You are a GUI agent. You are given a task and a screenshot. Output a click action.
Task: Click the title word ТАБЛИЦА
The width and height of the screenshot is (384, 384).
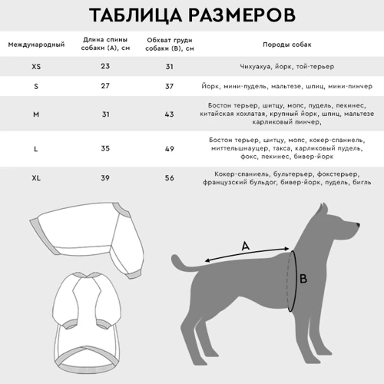[137, 16]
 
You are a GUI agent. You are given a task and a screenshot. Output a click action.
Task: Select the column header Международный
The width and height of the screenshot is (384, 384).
[36, 45]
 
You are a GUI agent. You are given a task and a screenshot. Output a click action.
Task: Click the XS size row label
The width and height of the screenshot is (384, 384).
[36, 67]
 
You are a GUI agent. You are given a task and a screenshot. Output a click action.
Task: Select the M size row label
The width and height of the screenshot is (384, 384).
[36, 114]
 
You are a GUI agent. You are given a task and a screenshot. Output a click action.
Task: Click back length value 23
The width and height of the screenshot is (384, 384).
[104, 67]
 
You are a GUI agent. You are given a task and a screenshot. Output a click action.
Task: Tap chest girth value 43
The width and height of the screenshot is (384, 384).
[170, 114]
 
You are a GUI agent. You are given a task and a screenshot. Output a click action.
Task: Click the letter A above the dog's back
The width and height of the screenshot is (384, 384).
[246, 247]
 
